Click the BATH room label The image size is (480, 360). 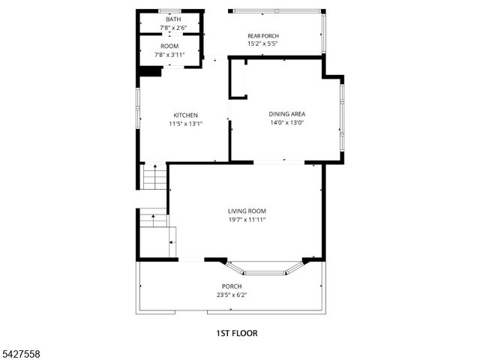tap(169, 19)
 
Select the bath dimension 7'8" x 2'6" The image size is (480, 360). tap(169, 28)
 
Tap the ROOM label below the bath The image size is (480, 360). tap(169, 46)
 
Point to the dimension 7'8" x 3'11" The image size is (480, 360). tap(169, 55)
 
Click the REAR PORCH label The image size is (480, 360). tap(263, 36)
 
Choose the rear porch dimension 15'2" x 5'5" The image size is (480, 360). tap(263, 44)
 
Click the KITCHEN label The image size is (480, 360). tap(185, 115)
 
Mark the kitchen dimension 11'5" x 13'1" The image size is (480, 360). tap(185, 124)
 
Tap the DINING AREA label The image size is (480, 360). tap(287, 114)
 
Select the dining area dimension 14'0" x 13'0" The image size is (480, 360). tap(287, 123)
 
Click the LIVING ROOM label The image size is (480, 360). tap(247, 211)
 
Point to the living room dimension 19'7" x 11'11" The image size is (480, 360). tap(247, 220)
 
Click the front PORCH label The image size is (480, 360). tap(231, 286)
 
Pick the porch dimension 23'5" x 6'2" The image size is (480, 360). tap(231, 295)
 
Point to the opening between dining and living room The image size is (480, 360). tap(279, 162)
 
